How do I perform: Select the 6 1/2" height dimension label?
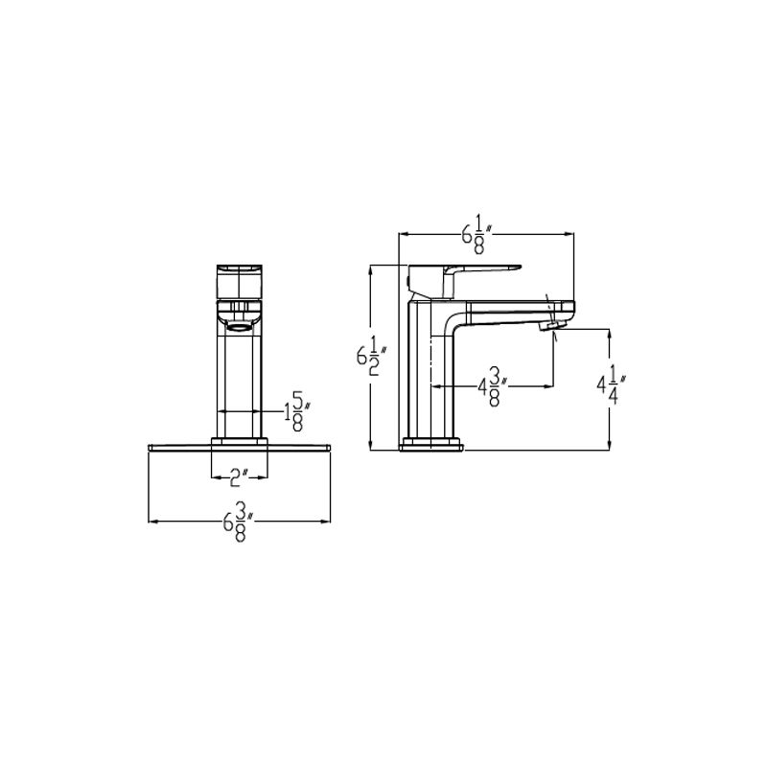pos(372,358)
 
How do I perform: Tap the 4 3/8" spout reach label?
pos(493,387)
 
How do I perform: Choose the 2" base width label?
pos(239,476)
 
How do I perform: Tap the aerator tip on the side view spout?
pos(553,325)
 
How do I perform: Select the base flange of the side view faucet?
pos(430,444)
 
